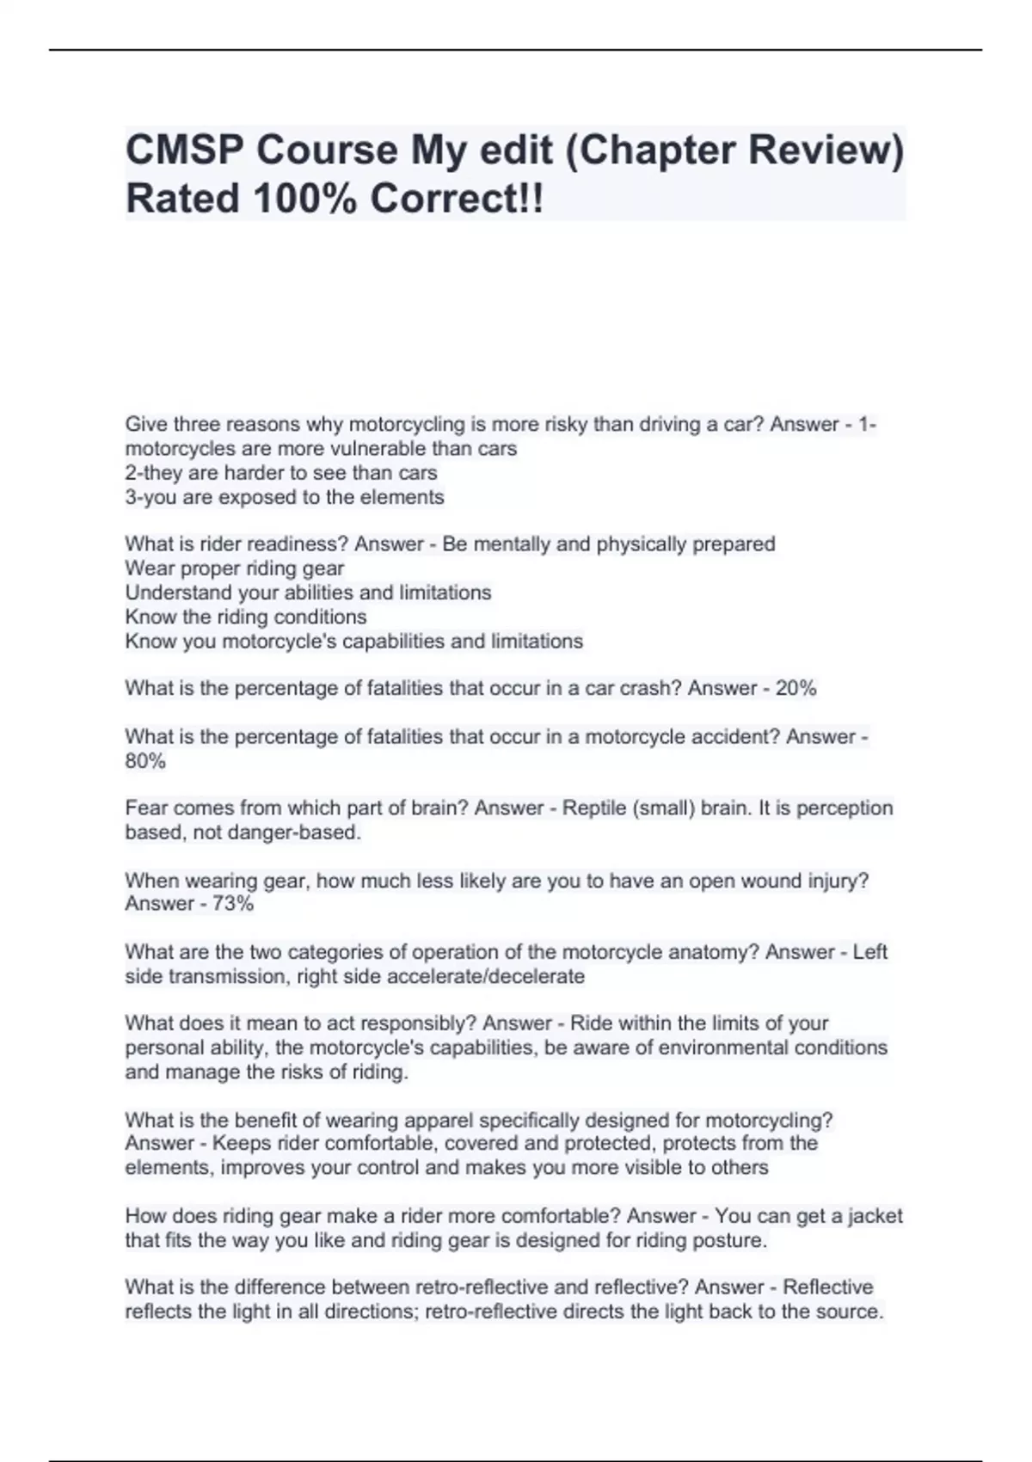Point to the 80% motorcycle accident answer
point(145,761)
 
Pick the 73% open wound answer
point(232,904)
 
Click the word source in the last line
point(851,1311)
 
